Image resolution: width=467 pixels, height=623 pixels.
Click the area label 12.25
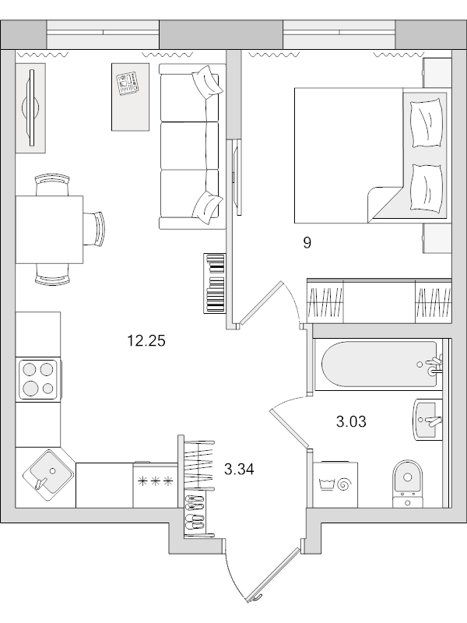click(x=146, y=340)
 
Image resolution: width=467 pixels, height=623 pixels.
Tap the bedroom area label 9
click(x=307, y=243)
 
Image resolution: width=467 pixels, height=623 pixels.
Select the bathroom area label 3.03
click(x=351, y=421)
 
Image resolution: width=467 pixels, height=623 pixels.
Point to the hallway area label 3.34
click(x=239, y=470)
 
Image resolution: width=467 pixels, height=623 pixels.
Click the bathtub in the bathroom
click(x=381, y=364)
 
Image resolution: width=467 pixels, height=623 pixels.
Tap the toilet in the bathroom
click(x=407, y=484)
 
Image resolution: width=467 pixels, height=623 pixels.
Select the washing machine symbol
click(x=335, y=484)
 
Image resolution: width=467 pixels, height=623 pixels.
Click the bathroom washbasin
click(x=428, y=420)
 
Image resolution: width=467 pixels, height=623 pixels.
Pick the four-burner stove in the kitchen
click(x=38, y=379)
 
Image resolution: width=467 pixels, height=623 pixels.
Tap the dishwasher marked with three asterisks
click(x=156, y=484)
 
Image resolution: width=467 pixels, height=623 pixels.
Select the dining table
click(x=49, y=230)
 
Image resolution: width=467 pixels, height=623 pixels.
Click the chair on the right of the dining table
click(x=94, y=230)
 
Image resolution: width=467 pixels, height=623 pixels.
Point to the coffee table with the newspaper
click(x=131, y=97)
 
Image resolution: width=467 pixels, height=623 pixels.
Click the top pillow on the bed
click(x=427, y=124)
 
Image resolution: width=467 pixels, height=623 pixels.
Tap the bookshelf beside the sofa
click(x=215, y=283)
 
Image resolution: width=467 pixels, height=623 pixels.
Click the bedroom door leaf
click(x=262, y=303)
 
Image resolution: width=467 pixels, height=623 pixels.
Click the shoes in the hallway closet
click(x=195, y=513)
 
